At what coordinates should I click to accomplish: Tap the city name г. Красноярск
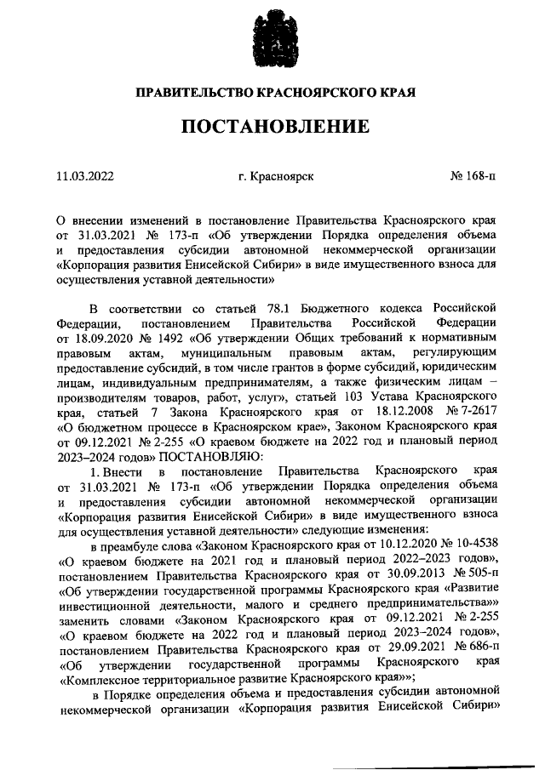276,176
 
